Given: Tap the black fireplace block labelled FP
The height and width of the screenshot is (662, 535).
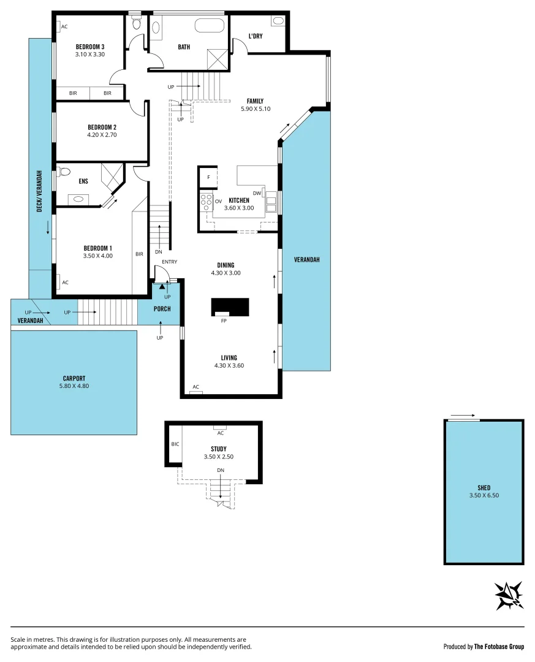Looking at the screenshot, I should pos(230,306).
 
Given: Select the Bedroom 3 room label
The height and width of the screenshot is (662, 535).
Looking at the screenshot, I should pos(90,47).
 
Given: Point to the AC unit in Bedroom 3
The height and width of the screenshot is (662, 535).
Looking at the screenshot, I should pos(58,26).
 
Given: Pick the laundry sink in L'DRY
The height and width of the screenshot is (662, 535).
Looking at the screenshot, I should pos(278,21).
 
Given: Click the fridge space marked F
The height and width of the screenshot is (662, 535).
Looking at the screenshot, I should pos(208,177).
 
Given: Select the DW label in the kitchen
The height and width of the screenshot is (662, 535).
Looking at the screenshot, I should pos(257,193).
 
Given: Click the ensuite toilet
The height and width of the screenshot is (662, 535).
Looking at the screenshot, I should pos(63,172).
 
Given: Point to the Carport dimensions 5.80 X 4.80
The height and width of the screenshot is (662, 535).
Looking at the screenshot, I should pos(74,386).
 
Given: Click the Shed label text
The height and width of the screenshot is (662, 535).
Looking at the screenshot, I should pos(484,488).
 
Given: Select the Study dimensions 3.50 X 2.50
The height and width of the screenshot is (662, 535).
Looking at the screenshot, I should pos(219,457).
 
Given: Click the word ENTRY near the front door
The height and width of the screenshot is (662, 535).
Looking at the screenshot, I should pos(169,262).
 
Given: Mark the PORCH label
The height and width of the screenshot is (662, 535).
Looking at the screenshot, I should pos(162,309).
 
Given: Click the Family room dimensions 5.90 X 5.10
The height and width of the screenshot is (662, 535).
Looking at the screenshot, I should pos(256,109).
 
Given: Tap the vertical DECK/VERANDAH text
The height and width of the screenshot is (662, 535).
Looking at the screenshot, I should pos(39,190).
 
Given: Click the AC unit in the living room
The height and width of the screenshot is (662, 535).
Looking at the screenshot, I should pos(196,391).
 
